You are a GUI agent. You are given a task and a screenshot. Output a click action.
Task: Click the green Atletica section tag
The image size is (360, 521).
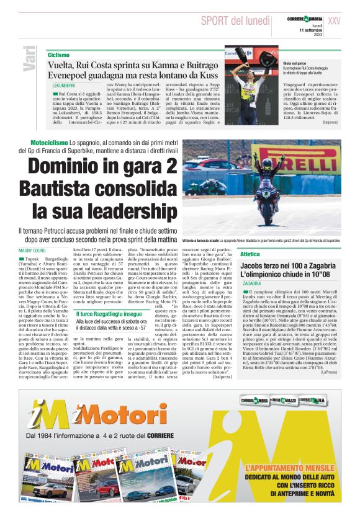(x=250, y=254)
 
